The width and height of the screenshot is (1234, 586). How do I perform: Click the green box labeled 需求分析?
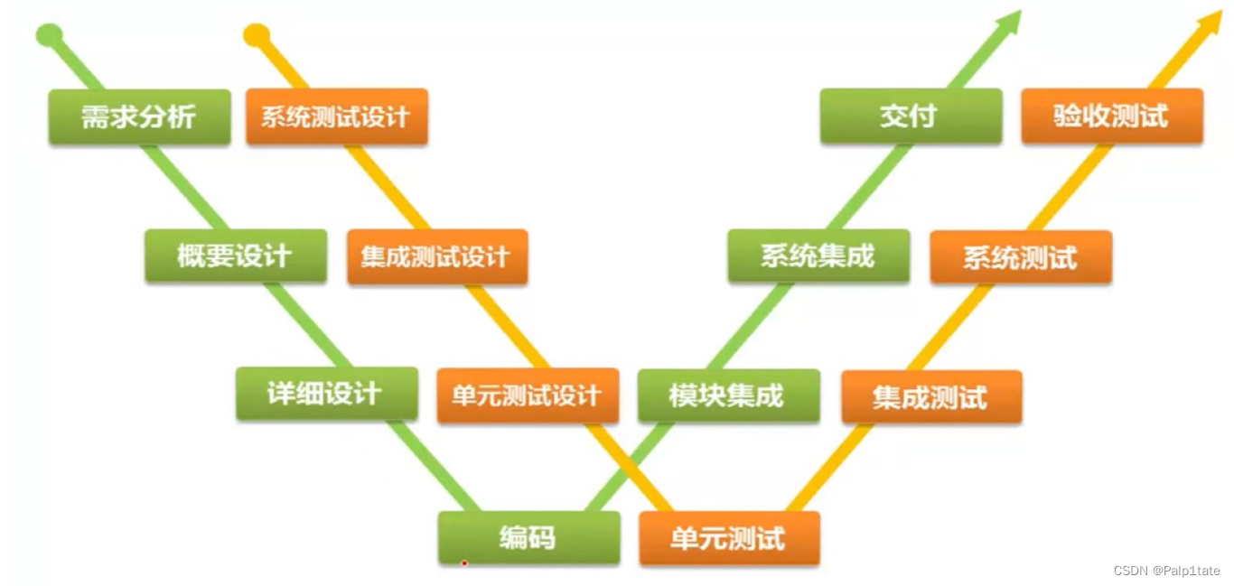139,116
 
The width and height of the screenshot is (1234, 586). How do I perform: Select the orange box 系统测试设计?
336,116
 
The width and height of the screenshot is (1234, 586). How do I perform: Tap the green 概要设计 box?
235,256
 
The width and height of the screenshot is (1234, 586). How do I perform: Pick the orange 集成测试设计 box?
436,257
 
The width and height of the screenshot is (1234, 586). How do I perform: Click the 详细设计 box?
326,394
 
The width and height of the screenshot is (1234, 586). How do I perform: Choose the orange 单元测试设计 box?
528,395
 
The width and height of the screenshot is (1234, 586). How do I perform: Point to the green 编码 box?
528,538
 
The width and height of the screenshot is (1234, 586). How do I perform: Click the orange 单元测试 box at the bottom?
729,539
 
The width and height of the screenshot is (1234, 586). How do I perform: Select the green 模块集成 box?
728,395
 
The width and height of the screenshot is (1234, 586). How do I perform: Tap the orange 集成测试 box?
931,397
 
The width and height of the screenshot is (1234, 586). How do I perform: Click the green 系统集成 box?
818,256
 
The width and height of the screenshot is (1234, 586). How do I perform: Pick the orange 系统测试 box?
1021,257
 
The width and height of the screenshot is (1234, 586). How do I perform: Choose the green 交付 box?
911,116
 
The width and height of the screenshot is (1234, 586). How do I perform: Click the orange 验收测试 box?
1112,116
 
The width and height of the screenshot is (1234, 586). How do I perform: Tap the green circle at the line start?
49,35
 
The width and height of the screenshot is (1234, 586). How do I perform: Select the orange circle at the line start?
257,35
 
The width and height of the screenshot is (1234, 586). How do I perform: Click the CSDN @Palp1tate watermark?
1167,571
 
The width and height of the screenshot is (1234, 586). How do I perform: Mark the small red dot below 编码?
463,563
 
